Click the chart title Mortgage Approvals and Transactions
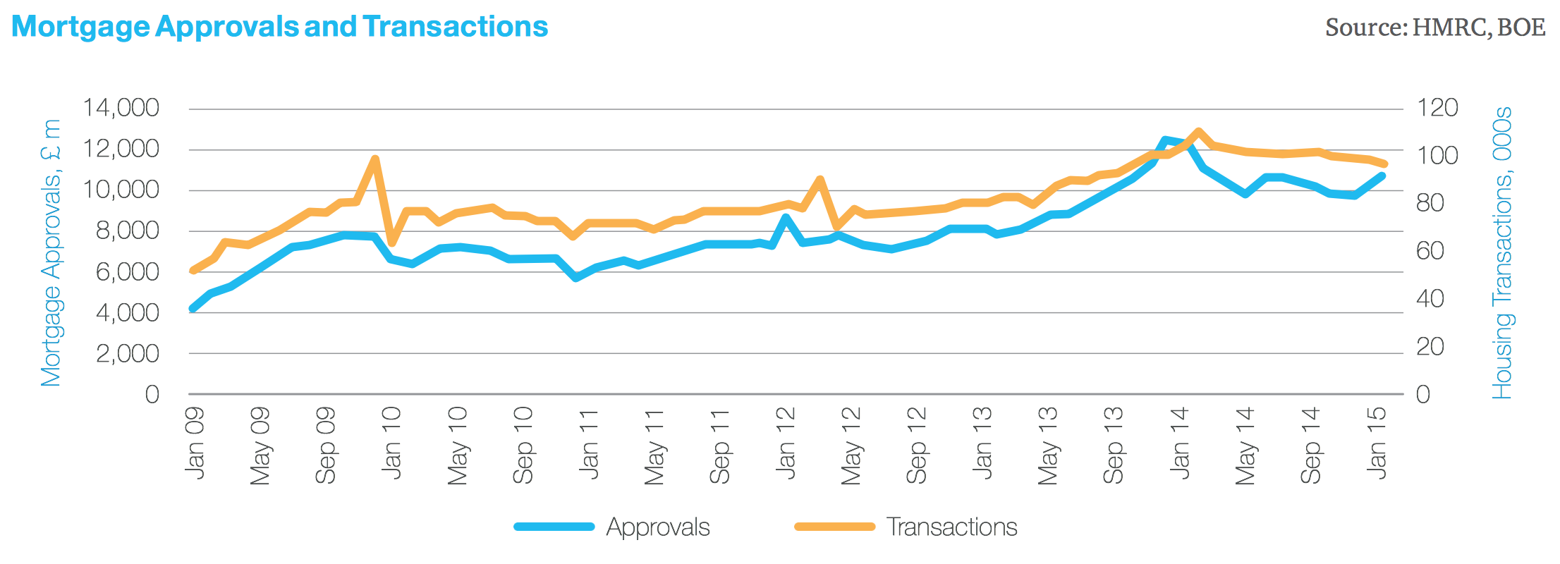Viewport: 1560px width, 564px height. tap(280, 27)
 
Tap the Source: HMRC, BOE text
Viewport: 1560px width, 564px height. tap(1435, 27)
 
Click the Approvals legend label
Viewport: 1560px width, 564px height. tap(657, 527)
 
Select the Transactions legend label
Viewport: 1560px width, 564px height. tap(951, 527)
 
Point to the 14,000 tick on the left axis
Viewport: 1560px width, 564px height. tap(121, 108)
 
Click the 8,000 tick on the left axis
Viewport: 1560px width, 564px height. tap(127, 231)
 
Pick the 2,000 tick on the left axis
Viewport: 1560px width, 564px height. tap(127, 353)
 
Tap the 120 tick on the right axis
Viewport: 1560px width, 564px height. tap(1437, 108)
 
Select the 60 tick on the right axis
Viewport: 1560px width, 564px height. tap(1430, 251)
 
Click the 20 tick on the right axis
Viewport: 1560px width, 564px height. tap(1430, 347)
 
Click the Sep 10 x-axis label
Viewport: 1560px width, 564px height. tap(523, 445)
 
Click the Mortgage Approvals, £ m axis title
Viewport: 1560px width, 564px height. tap(51, 252)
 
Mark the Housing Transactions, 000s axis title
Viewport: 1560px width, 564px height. tap(1502, 252)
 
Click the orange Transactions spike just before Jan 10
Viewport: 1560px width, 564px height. tap(375, 159)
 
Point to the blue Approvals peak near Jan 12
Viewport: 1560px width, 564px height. tap(786, 218)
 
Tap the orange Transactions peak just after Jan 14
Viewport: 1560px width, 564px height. tap(1198, 131)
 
